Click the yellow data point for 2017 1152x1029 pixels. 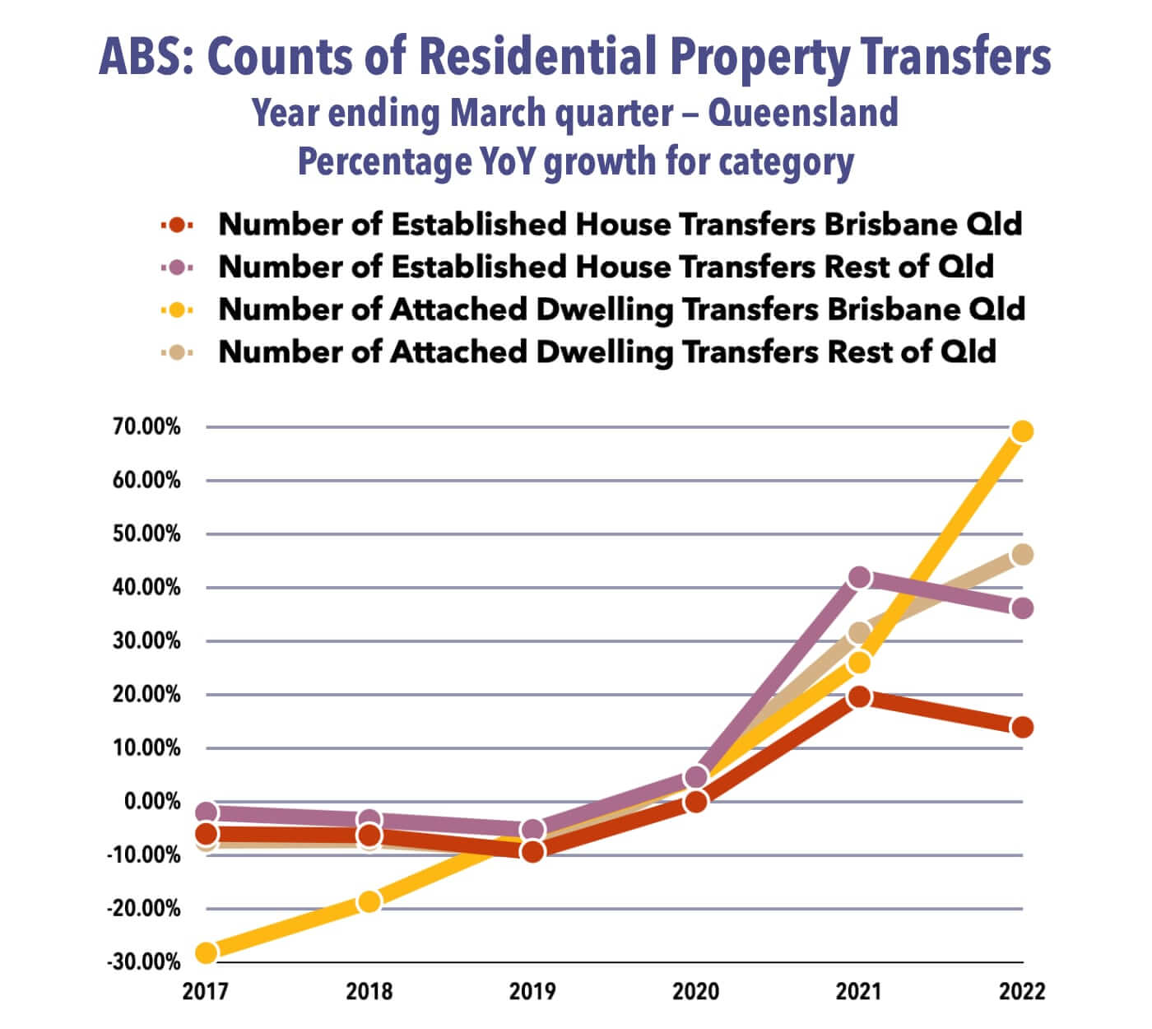(207, 952)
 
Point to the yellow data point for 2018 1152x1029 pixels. (369, 901)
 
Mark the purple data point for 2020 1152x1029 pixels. (696, 776)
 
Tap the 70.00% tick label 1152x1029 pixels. (146, 427)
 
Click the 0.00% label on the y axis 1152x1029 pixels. (151, 801)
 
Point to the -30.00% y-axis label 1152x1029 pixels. (143, 961)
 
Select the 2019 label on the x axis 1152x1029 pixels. (532, 990)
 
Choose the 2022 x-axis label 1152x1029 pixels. (1022, 990)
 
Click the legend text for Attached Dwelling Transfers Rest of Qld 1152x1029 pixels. (607, 352)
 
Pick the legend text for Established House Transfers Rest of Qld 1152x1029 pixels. (606, 267)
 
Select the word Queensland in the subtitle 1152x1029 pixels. (802, 113)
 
